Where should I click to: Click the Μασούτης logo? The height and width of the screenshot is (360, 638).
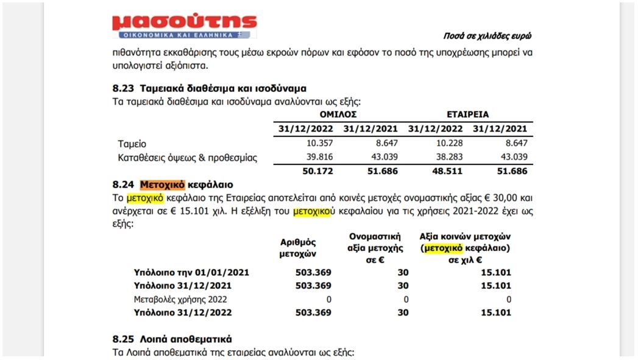click(184, 27)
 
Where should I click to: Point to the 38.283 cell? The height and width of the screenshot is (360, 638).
click(448, 158)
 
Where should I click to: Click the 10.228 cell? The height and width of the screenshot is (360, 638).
click(448, 143)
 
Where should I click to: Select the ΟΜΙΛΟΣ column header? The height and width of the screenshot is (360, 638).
click(338, 114)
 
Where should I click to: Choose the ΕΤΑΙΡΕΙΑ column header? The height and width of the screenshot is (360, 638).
click(467, 114)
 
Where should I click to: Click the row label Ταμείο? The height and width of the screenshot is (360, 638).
click(132, 144)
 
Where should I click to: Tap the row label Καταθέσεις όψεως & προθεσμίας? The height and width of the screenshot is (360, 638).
click(188, 158)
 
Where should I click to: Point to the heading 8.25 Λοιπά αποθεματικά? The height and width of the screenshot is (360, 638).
click(172, 339)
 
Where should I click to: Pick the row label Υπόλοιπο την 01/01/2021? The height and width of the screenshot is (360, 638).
click(191, 272)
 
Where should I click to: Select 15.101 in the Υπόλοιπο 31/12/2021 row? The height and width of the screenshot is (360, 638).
click(495, 286)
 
